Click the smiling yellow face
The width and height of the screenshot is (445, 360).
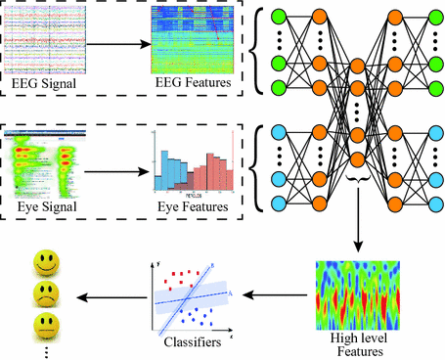[x=44, y=261]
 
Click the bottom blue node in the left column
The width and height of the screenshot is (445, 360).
[x=278, y=203]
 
